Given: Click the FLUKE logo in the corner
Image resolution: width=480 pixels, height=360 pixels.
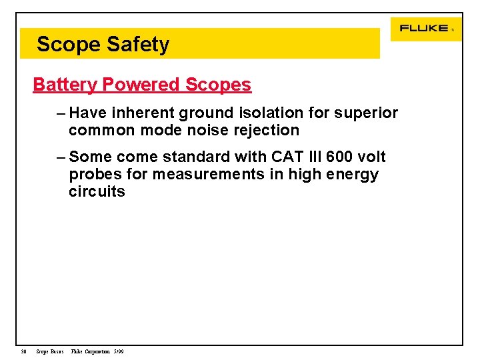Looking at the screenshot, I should pyautogui.click(x=424, y=29).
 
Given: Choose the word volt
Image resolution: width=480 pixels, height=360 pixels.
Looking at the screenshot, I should pyautogui.click(x=372, y=157).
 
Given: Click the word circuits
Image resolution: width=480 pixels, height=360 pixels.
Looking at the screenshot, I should pyautogui.click(x=97, y=191).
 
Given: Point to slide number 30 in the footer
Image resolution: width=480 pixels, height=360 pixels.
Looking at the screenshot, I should pyautogui.click(x=23, y=351).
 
